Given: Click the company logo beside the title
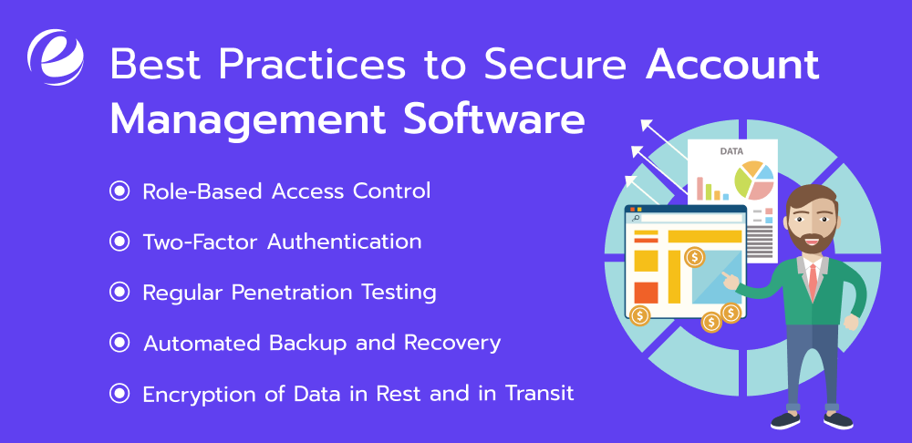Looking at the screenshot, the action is click(x=56, y=57).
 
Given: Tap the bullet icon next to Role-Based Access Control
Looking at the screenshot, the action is click(x=119, y=191).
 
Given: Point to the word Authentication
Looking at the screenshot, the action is click(x=345, y=242).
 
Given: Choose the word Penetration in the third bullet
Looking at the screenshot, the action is click(x=292, y=292).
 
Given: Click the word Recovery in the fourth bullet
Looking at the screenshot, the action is click(x=452, y=343).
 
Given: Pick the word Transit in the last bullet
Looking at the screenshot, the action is click(x=540, y=394).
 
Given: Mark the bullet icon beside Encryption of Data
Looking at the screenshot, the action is click(x=119, y=394).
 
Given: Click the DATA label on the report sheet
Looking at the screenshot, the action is click(x=731, y=151).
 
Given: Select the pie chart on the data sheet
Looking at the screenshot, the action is click(x=754, y=180).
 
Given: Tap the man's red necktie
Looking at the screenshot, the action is click(x=813, y=282).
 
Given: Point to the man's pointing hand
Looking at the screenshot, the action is click(x=731, y=280).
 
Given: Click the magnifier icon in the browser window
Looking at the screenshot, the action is click(x=636, y=218).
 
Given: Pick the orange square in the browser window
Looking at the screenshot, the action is click(x=646, y=293).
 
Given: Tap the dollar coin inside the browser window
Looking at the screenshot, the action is click(x=694, y=256).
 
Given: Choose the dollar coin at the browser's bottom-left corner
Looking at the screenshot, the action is click(x=640, y=315).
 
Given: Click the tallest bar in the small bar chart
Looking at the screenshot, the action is click(x=700, y=189).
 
